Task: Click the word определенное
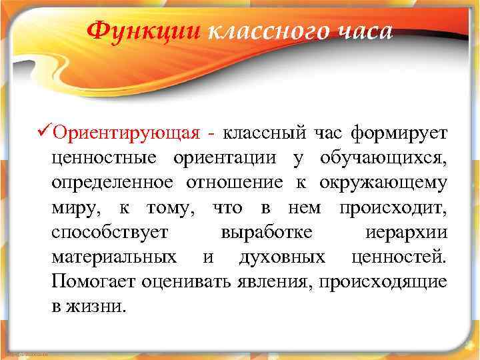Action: click(x=113, y=183)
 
